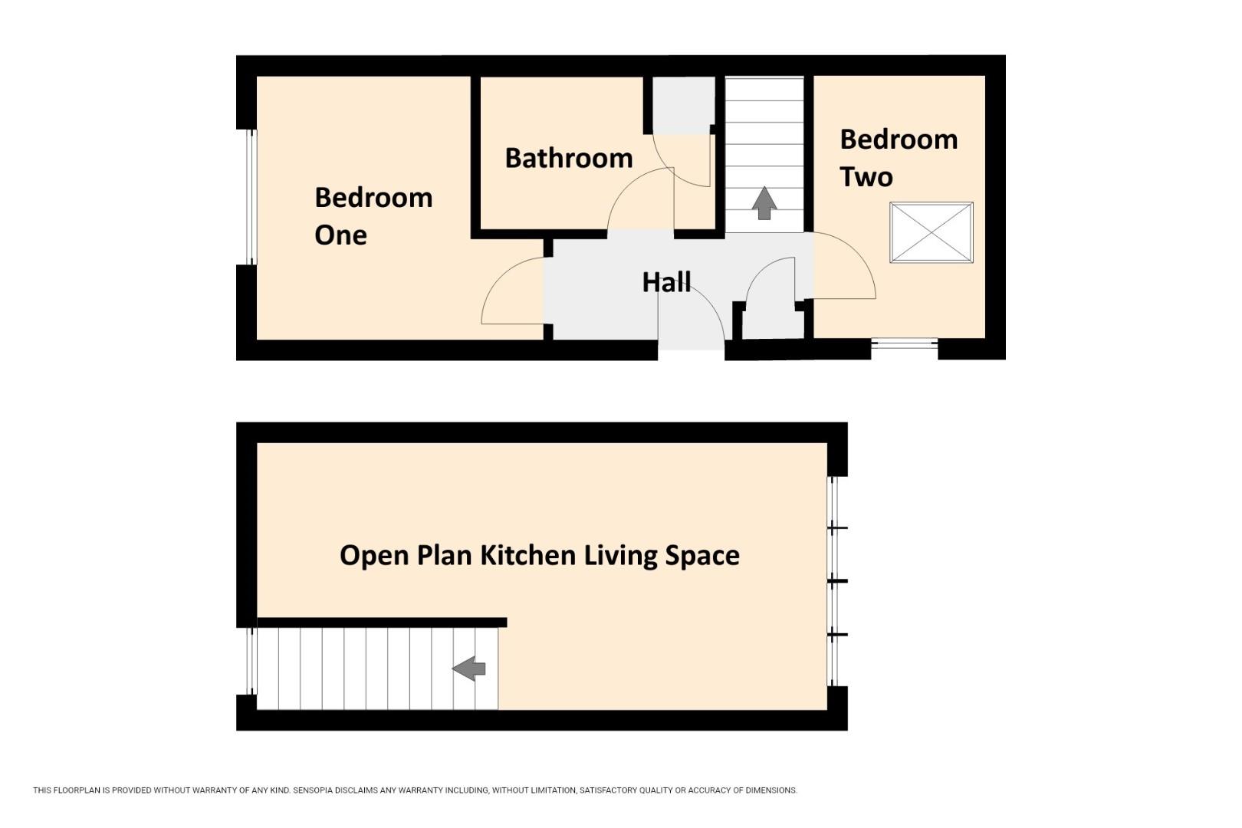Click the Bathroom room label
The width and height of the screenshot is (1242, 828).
click(x=568, y=159)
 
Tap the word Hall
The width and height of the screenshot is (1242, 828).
click(x=666, y=282)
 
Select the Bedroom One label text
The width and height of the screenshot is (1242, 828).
click(x=373, y=217)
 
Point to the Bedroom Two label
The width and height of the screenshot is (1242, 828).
click(x=899, y=158)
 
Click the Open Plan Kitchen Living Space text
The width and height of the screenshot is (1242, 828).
click(x=540, y=556)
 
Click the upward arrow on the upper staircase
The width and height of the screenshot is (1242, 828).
click(x=764, y=203)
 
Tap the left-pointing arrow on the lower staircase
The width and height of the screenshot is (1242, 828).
click(x=469, y=669)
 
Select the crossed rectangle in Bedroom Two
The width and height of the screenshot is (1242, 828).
click(x=932, y=232)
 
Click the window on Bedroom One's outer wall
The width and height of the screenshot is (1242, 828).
click(x=251, y=197)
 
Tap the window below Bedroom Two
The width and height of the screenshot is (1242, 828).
click(x=905, y=343)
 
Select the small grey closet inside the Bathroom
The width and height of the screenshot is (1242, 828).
click(x=684, y=105)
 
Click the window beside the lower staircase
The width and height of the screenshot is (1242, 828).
click(x=251, y=662)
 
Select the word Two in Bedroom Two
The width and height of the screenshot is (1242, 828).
click(x=866, y=177)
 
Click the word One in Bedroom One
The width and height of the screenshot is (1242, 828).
click(x=340, y=235)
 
